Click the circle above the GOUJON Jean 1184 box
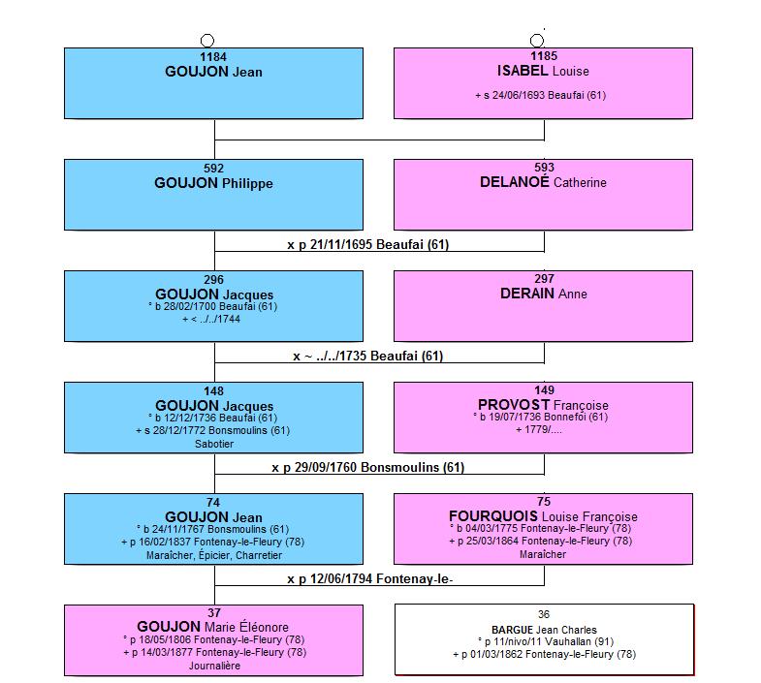click(207, 41)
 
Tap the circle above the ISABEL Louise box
click(537, 41)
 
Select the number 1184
click(213, 57)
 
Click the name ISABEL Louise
click(543, 71)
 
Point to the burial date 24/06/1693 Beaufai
click(541, 95)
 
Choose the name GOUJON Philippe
click(213, 183)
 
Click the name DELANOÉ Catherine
click(543, 182)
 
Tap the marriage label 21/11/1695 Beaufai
click(367, 244)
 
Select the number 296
click(213, 280)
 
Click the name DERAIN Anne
click(544, 294)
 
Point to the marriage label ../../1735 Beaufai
click(367, 357)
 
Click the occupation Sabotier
click(214, 444)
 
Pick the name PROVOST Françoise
click(543, 405)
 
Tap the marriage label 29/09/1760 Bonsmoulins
click(367, 468)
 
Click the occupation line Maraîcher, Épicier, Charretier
click(214, 555)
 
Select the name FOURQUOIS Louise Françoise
click(543, 516)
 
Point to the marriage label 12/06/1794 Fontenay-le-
click(369, 578)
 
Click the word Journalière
click(214, 666)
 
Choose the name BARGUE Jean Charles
click(544, 630)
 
